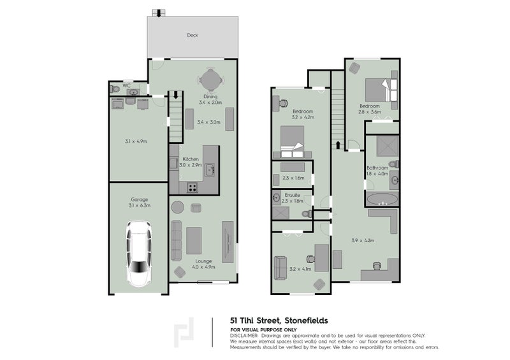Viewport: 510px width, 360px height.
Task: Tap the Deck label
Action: point(192,36)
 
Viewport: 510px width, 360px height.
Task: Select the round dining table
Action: point(210,80)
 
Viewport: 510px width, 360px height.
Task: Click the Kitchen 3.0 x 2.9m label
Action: point(191,162)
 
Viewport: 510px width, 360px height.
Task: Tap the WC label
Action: point(126,85)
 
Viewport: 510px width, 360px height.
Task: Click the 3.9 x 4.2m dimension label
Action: point(362,240)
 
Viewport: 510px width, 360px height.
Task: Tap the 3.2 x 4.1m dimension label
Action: point(300,269)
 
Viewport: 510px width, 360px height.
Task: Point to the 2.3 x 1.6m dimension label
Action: point(294,178)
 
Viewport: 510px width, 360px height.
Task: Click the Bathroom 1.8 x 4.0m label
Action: point(377,171)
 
